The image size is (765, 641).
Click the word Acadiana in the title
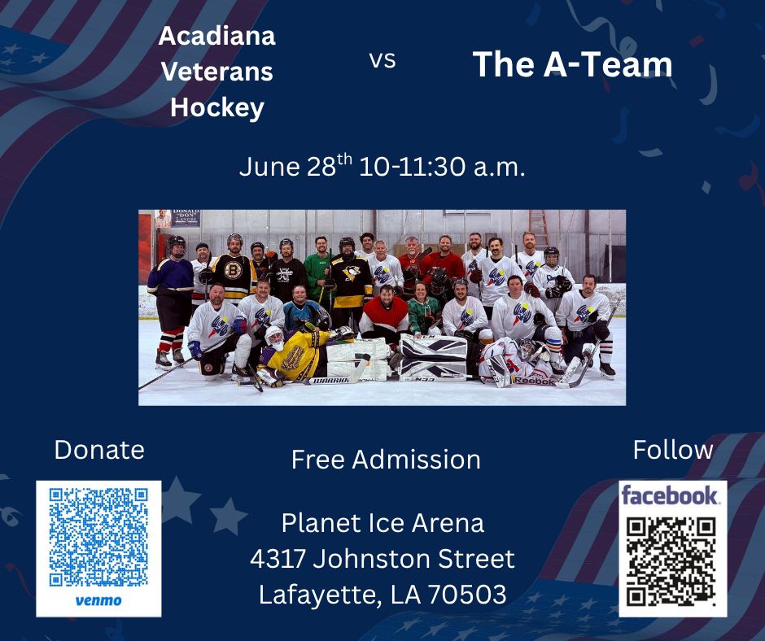click(217, 36)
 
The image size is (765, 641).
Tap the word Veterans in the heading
click(217, 72)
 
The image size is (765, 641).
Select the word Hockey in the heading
click(217, 108)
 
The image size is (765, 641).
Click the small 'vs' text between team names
click(382, 60)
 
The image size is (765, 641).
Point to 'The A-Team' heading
click(572, 64)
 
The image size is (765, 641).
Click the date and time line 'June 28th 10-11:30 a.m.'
click(382, 166)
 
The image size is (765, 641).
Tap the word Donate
click(99, 449)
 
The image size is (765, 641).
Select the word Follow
click(673, 449)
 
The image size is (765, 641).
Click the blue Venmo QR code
click(98, 537)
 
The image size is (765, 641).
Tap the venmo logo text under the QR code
click(98, 600)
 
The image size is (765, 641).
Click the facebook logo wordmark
click(670, 496)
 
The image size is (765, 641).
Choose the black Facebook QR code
click(671, 562)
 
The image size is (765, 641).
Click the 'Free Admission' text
click(386, 460)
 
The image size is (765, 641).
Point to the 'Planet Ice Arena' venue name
click(383, 523)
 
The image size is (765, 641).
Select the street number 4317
click(278, 559)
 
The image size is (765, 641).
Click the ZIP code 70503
click(467, 595)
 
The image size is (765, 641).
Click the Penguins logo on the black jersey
click(351, 273)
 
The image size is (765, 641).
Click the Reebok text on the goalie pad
click(535, 381)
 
